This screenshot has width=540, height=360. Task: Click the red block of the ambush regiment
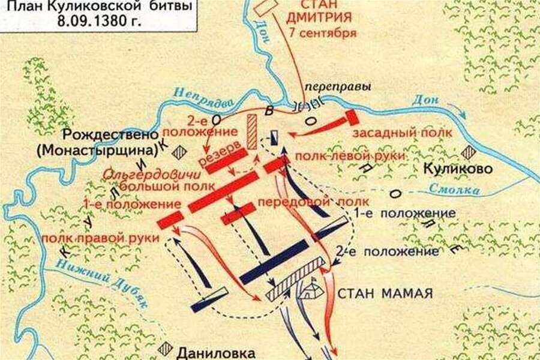(350, 117)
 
